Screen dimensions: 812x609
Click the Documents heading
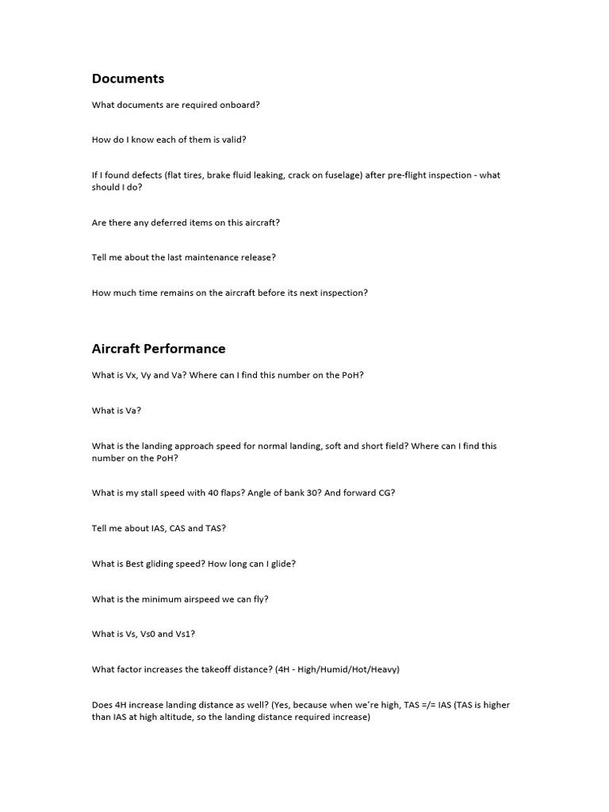(x=128, y=79)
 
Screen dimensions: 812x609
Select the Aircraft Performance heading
(x=159, y=349)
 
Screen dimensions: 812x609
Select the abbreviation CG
(x=383, y=492)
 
